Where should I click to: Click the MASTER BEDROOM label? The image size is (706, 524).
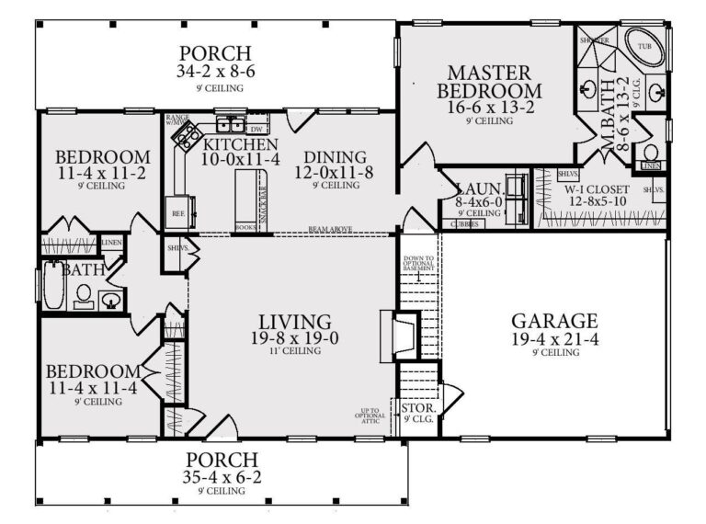tap(489, 82)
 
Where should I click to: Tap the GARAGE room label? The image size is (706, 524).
tap(554, 321)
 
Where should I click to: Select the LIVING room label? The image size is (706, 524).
tap(294, 322)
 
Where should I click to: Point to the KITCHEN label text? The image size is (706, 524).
tap(240, 145)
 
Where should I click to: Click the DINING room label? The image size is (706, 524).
tap(335, 156)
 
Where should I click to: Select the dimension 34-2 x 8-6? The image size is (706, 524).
tap(215, 72)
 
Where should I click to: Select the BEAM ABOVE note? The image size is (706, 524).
tap(329, 230)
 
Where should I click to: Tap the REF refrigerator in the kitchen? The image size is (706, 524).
tap(179, 211)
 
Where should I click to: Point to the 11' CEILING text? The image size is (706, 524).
tap(294, 351)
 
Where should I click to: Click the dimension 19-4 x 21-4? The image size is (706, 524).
tap(554, 339)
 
